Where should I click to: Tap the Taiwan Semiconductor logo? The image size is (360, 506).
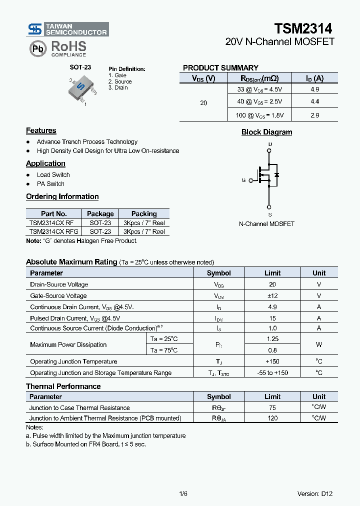[68, 29]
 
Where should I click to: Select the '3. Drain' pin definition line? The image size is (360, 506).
[118, 88]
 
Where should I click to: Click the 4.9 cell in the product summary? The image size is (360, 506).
[314, 89]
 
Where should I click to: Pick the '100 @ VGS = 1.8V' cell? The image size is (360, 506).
[259, 115]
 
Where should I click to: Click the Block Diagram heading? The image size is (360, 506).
[266, 132]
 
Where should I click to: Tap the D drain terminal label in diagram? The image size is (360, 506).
[270, 144]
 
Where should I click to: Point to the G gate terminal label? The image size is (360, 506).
[243, 180]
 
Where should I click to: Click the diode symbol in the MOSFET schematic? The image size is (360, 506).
[276, 175]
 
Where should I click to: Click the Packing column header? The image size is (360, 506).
[144, 213]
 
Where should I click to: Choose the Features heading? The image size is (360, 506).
[41, 131]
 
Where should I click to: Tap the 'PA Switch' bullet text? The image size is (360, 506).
[50, 184]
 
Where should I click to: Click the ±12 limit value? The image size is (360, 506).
[272, 296]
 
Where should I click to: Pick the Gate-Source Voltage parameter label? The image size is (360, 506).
[58, 296]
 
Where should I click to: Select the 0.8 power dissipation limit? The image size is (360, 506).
[272, 350]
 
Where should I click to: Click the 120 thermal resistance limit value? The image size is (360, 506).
[272, 418]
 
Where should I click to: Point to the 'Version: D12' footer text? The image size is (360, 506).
[315, 494]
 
